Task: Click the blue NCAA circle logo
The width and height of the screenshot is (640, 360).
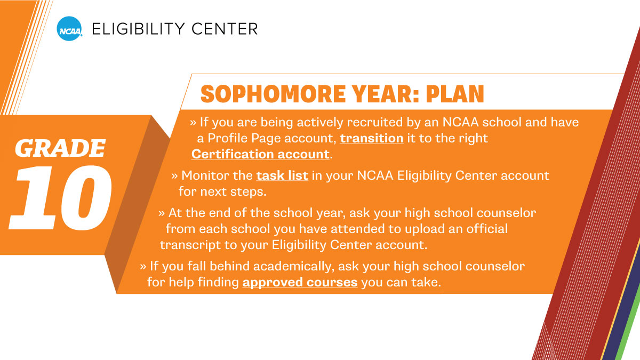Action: [69, 28]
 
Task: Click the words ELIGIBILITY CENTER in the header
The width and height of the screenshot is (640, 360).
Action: [175, 28]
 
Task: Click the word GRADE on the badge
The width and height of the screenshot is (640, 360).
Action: [60, 149]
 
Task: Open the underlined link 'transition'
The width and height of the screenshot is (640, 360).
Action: [371, 138]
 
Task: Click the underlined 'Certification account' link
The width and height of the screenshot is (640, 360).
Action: [260, 154]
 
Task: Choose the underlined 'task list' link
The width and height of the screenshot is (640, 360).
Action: [282, 175]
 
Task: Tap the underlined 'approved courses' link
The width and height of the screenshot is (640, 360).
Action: [300, 282]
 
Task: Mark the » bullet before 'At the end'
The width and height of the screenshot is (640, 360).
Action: [162, 213]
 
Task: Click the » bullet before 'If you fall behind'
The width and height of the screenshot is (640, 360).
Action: [143, 266]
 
